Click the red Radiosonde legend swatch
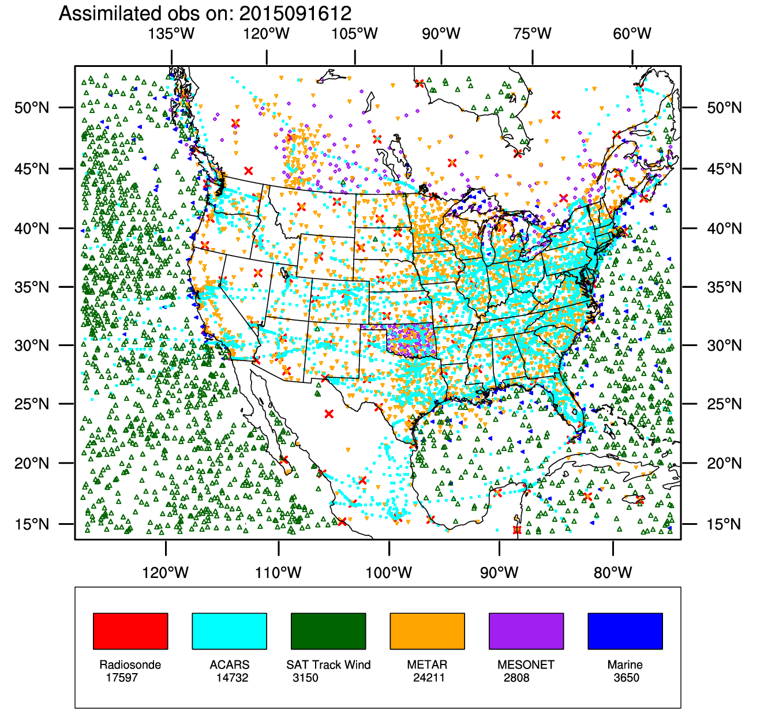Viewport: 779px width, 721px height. tap(130, 631)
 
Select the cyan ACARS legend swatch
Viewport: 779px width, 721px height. tap(229, 631)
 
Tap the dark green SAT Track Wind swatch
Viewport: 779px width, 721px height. tap(328, 631)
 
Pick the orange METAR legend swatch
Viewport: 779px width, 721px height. tap(427, 631)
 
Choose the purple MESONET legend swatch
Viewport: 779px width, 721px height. tap(526, 631)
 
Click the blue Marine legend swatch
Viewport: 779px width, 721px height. tap(625, 631)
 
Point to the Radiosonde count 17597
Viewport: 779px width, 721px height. tap(122, 678)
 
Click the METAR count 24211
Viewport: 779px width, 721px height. tap(429, 678)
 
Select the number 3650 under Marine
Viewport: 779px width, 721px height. tap(627, 678)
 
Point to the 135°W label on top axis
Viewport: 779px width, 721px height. tap(171, 33)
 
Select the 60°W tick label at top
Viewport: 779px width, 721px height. tap(632, 33)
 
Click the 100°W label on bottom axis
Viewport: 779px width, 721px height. tap(389, 573)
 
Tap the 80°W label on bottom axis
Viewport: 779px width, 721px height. tap(613, 573)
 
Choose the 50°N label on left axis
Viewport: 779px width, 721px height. tap(32, 108)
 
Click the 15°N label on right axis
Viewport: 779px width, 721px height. tap(725, 524)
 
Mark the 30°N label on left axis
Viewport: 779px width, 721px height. tap(32, 346)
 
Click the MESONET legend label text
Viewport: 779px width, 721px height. tap(526, 664)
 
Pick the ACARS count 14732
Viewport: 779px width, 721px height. tap(232, 678)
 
